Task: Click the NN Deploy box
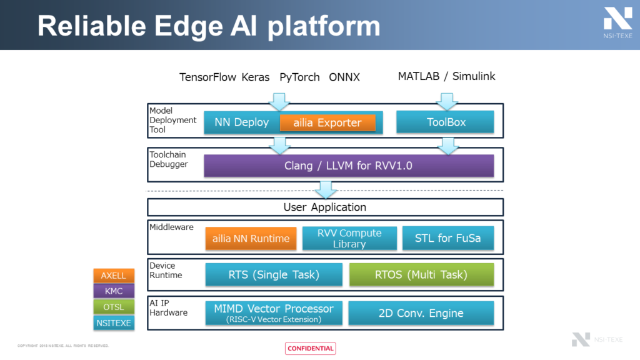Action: (x=241, y=122)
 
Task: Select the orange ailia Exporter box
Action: (x=327, y=123)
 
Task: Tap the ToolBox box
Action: (x=446, y=122)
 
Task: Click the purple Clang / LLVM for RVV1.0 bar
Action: (x=349, y=166)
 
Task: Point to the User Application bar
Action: (x=325, y=207)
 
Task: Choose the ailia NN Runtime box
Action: (x=251, y=238)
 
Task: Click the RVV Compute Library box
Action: (x=349, y=238)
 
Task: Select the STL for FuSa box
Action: (x=447, y=238)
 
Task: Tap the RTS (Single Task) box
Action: (x=274, y=274)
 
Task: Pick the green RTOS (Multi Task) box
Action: (x=421, y=274)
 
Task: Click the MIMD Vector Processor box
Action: (x=274, y=312)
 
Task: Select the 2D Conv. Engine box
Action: (x=421, y=312)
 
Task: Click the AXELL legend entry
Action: (x=113, y=275)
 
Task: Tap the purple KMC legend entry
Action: (x=113, y=291)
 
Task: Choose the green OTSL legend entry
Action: (x=113, y=306)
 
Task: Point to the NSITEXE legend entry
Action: (x=113, y=322)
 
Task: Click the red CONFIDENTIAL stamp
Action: (x=311, y=349)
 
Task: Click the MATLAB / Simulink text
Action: (x=446, y=76)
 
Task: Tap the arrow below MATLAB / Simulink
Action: (x=446, y=100)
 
